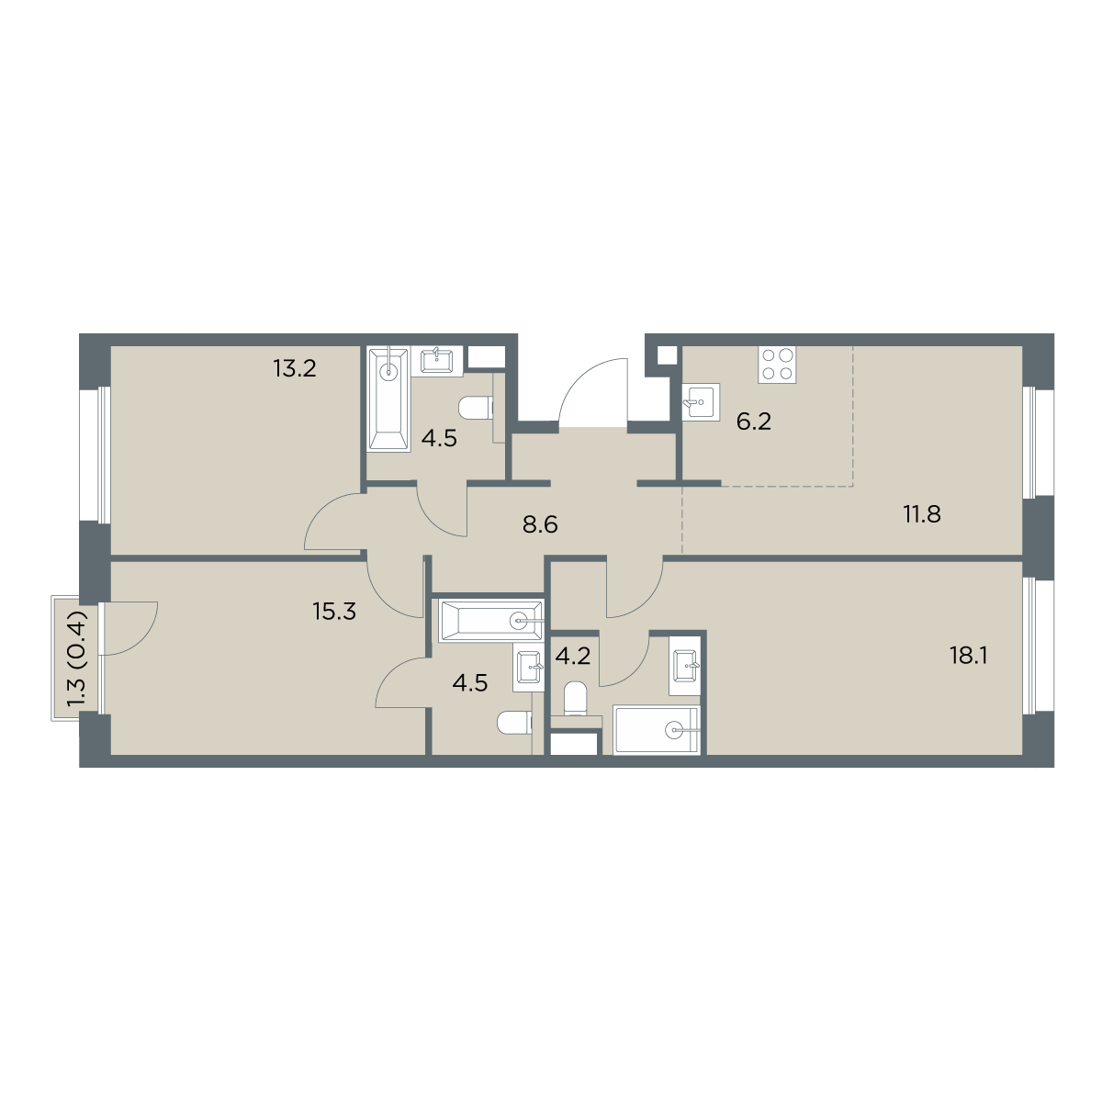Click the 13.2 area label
click(x=295, y=369)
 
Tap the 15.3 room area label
click(x=334, y=612)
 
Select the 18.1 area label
click(x=969, y=656)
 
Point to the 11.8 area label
click(x=922, y=514)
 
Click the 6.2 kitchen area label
click(x=754, y=422)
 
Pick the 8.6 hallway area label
click(x=540, y=523)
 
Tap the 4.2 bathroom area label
click(x=572, y=656)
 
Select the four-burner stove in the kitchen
click(x=777, y=365)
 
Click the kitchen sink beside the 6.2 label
click(x=701, y=401)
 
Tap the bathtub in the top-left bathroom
click(x=388, y=399)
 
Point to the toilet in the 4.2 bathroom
click(x=575, y=698)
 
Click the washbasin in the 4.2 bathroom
click(x=685, y=666)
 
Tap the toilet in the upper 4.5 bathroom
click(x=476, y=408)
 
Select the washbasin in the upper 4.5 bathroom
click(x=437, y=361)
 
